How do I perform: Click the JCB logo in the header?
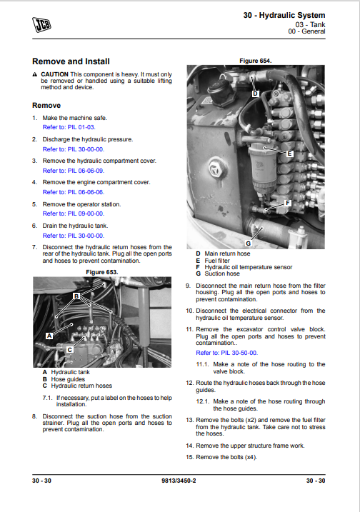[41, 25]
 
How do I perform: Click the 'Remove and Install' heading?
[71, 61]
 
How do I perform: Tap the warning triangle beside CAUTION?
[35, 74]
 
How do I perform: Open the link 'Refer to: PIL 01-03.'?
[69, 127]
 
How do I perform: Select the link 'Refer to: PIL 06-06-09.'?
[74, 171]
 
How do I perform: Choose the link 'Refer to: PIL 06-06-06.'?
[74, 192]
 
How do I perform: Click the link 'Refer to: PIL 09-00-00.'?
[74, 214]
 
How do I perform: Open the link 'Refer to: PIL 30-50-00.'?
[226, 353]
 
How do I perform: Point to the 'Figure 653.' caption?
[102, 272]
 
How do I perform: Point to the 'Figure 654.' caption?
[256, 61]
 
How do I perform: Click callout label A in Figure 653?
[49, 336]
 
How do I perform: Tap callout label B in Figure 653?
[76, 296]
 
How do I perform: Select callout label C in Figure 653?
[69, 350]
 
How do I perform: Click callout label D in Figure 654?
[255, 94]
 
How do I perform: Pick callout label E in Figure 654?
[289, 154]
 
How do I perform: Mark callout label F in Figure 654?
[288, 203]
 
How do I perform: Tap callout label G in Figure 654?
[249, 244]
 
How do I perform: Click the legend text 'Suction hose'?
[222, 273]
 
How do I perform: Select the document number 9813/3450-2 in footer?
[179, 481]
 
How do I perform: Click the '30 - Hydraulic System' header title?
[284, 15]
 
